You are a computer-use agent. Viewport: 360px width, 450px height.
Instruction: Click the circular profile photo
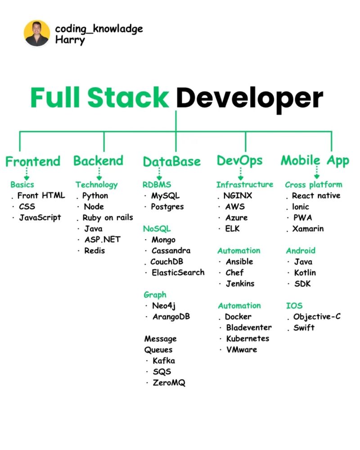pyautogui.click(x=37, y=33)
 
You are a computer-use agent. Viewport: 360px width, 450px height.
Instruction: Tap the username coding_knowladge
pyautogui.click(x=99, y=29)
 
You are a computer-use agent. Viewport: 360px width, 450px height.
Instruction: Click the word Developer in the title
pyautogui.click(x=249, y=98)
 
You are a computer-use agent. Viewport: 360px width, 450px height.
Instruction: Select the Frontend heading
pyautogui.click(x=33, y=162)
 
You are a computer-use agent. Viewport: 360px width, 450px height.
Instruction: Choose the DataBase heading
pyautogui.click(x=171, y=162)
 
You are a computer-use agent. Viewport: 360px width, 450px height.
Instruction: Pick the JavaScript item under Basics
pyautogui.click(x=40, y=218)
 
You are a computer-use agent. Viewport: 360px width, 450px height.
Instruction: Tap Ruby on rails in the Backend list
pyautogui.click(x=108, y=218)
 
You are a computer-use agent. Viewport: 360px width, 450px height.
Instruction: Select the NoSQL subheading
pyautogui.click(x=157, y=229)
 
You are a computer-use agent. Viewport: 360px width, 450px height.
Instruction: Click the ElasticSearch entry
pyautogui.click(x=178, y=272)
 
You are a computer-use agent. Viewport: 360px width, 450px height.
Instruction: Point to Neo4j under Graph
pyautogui.click(x=164, y=306)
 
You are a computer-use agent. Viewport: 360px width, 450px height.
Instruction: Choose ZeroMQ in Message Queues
pyautogui.click(x=169, y=383)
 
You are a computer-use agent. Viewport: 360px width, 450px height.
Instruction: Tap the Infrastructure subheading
pyautogui.click(x=245, y=184)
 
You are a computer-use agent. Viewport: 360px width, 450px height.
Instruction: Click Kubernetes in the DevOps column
pyautogui.click(x=248, y=339)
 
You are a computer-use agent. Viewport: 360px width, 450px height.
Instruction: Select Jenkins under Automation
pyautogui.click(x=240, y=284)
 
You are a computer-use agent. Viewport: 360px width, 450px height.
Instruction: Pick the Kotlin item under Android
pyautogui.click(x=305, y=273)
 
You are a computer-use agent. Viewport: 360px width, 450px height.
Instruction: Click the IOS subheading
pyautogui.click(x=294, y=306)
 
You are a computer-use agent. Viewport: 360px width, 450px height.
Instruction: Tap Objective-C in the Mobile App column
pyautogui.click(x=317, y=316)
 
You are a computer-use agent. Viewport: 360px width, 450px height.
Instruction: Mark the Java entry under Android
pyautogui.click(x=303, y=262)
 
